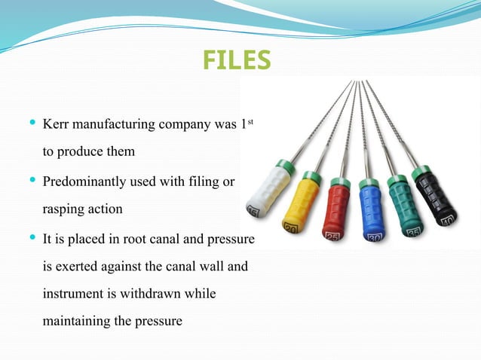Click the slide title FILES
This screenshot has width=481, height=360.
(237, 59)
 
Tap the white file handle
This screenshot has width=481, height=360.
(268, 190)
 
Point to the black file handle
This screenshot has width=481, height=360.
(436, 194)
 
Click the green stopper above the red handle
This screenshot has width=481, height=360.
(340, 182)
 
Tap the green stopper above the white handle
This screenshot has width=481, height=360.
(284, 163)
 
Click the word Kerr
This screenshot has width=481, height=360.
(57, 123)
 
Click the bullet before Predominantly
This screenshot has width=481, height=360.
(30, 181)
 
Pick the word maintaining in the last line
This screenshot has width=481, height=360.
(77, 321)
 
